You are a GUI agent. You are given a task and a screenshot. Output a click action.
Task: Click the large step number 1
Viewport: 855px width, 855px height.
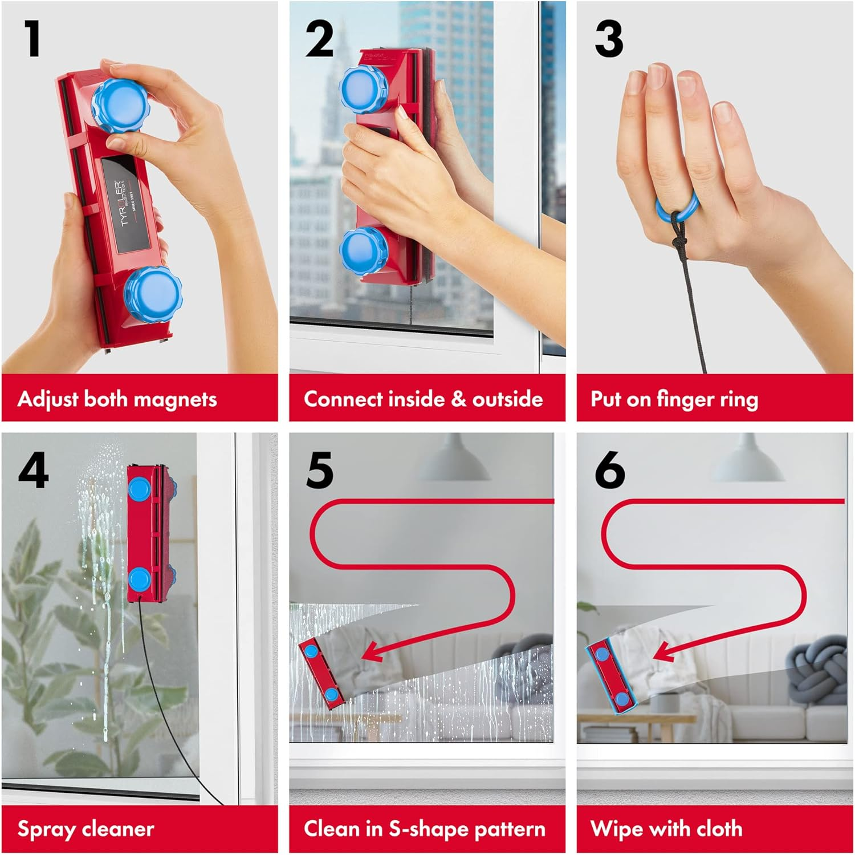(32, 39)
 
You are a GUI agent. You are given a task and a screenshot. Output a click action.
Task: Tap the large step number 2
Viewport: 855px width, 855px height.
(319, 39)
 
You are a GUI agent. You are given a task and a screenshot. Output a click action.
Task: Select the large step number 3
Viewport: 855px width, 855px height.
(609, 39)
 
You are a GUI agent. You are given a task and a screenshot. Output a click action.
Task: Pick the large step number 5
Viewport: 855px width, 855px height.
(319, 470)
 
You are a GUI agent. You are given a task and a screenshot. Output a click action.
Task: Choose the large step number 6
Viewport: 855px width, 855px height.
(609, 470)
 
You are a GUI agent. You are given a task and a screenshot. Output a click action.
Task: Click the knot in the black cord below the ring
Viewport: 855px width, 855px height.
(678, 240)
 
